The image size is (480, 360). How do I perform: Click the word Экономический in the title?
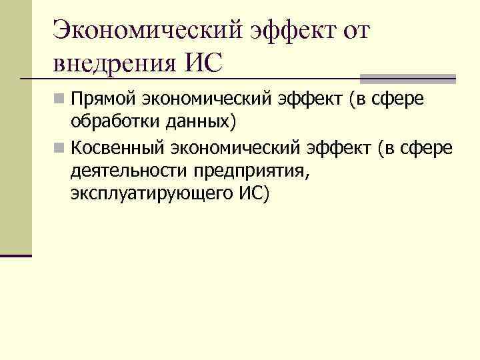point(149,29)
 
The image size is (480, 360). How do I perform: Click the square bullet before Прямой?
point(60,101)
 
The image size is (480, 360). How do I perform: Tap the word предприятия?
point(253,171)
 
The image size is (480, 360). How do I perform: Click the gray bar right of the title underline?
point(407,78)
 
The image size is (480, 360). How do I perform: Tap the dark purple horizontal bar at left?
point(16,255)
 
